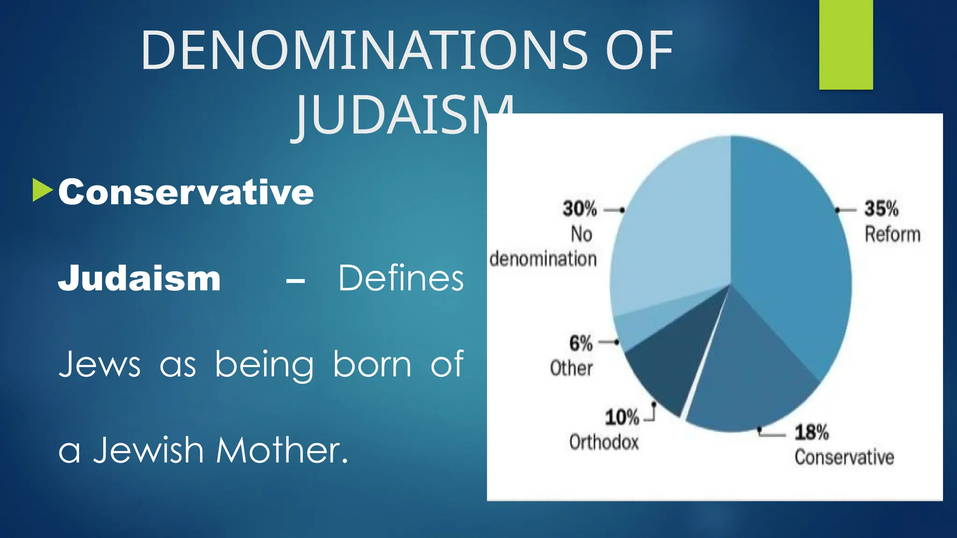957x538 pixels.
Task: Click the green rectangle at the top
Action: [x=846, y=44]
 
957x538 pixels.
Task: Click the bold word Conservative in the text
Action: [x=186, y=192]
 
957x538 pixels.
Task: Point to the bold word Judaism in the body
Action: [x=139, y=278]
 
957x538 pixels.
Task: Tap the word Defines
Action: [x=401, y=278]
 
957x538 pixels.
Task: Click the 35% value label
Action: [x=881, y=209]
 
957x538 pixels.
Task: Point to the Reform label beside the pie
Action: [x=893, y=234]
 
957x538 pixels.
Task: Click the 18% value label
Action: [x=812, y=432]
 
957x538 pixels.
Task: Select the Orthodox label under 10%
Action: [x=604, y=442]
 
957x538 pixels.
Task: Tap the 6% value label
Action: [x=581, y=344]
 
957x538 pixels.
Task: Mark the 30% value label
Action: [x=579, y=209]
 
